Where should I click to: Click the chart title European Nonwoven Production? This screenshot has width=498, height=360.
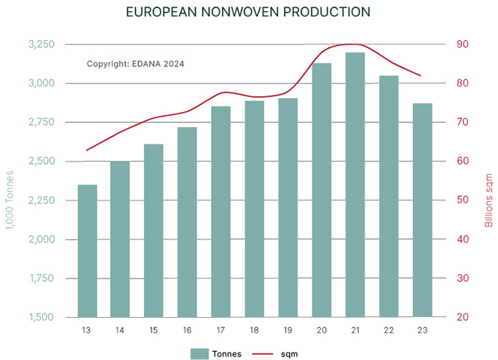click(x=249, y=13)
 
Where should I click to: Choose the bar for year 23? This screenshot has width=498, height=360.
click(x=422, y=210)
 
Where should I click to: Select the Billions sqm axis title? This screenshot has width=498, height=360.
click(x=488, y=197)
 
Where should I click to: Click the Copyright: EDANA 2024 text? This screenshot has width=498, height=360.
click(x=136, y=64)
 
